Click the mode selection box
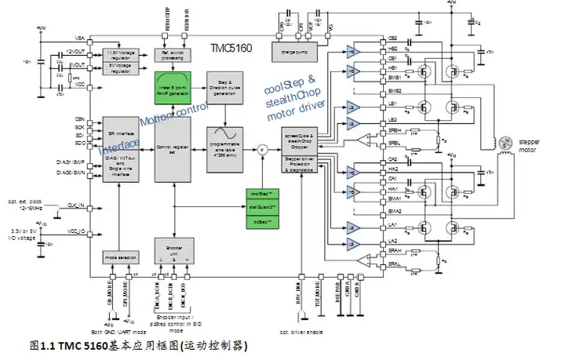120,256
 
